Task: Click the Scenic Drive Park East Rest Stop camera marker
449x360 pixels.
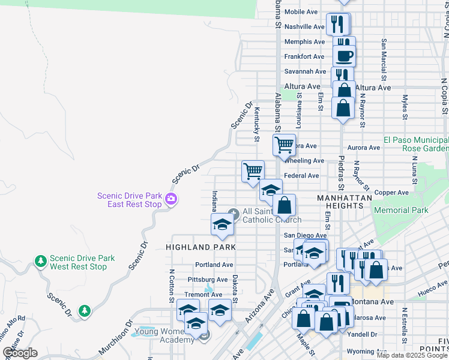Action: point(171,200)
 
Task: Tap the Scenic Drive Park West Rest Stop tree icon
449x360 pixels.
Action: point(40,262)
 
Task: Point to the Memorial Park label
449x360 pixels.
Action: point(400,210)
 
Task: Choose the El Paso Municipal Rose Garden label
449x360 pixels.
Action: point(416,143)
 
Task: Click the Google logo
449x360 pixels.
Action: point(20,353)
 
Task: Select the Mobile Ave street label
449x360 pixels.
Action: point(301,12)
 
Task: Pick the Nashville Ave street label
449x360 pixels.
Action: point(304,27)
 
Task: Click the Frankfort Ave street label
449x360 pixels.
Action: point(304,57)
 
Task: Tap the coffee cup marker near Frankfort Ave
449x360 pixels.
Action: point(344,56)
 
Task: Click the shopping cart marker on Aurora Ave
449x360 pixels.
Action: point(283,144)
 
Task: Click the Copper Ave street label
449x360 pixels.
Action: point(391,193)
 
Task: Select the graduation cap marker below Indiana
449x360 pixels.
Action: point(221,225)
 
